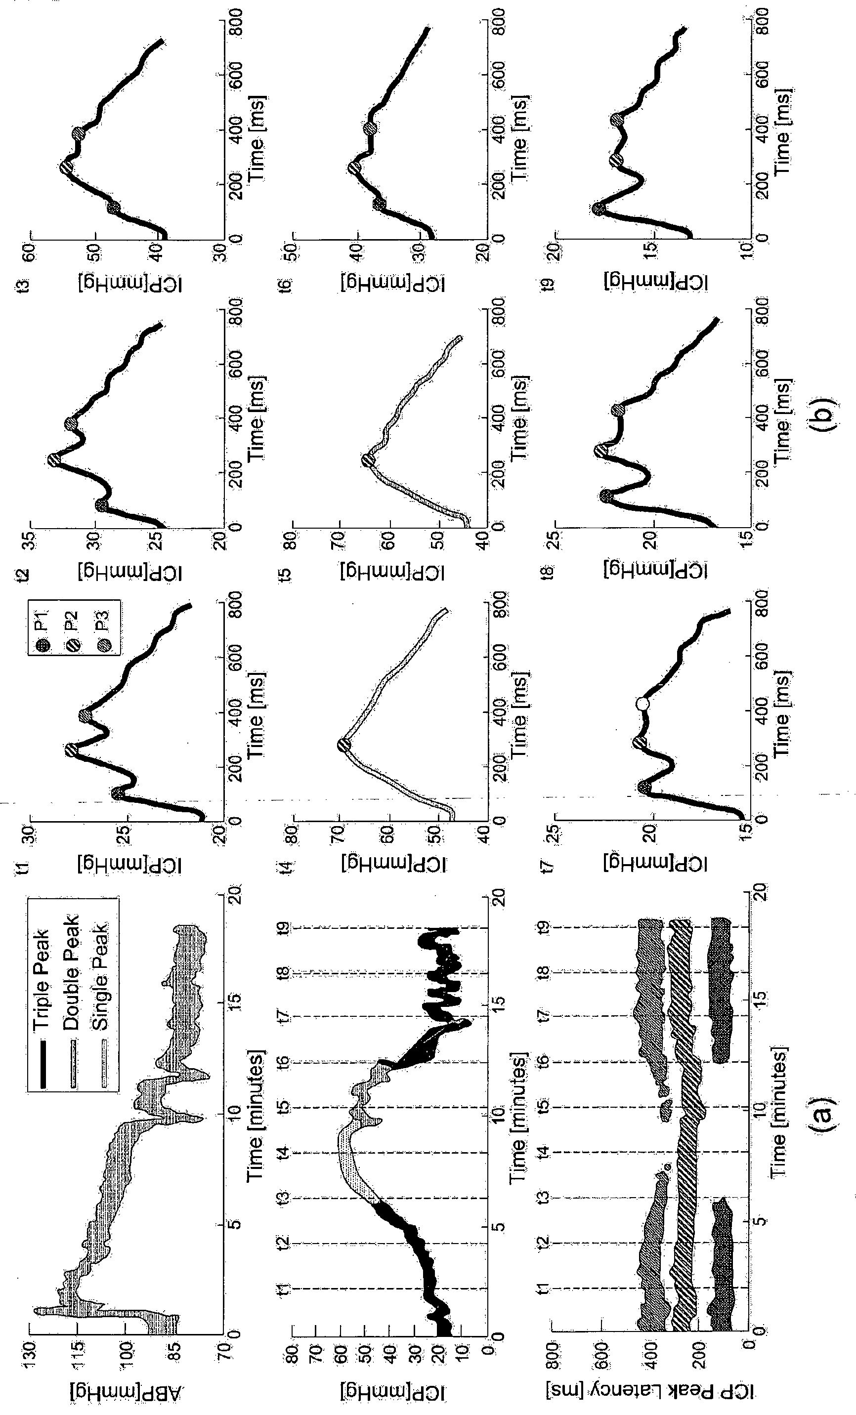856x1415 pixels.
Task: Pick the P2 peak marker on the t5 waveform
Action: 368,460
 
